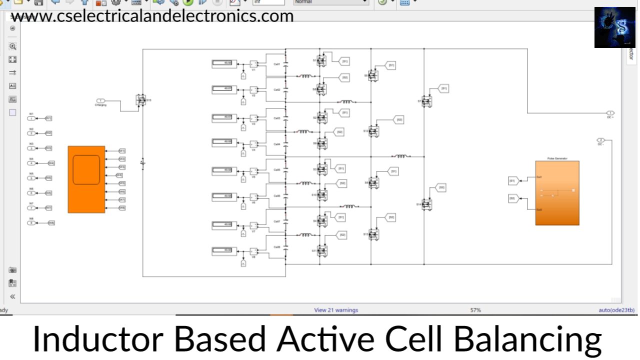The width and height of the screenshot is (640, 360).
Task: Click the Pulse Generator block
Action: point(557,193)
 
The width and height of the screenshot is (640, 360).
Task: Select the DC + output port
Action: point(610,113)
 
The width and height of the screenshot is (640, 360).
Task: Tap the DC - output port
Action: point(601,139)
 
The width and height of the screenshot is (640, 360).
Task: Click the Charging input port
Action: point(100,101)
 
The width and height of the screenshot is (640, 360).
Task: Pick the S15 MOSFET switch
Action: point(140,100)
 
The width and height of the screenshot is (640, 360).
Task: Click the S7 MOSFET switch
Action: point(426,101)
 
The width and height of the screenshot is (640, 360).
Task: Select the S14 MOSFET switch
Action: point(426,204)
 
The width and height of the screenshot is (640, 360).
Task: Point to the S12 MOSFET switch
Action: point(373,131)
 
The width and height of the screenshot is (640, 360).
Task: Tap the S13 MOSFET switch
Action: point(373,234)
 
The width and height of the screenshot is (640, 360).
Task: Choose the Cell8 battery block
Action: point(276,247)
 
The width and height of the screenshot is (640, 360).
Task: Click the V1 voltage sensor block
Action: point(253,64)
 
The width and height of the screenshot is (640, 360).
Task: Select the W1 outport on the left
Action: point(32,118)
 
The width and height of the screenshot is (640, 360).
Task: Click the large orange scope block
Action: point(86,179)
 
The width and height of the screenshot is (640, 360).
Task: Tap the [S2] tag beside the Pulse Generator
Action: point(512,198)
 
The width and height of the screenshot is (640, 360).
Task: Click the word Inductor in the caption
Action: point(98,339)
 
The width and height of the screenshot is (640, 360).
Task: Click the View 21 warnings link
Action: point(336,310)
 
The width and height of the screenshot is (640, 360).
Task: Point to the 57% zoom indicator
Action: point(475,310)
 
